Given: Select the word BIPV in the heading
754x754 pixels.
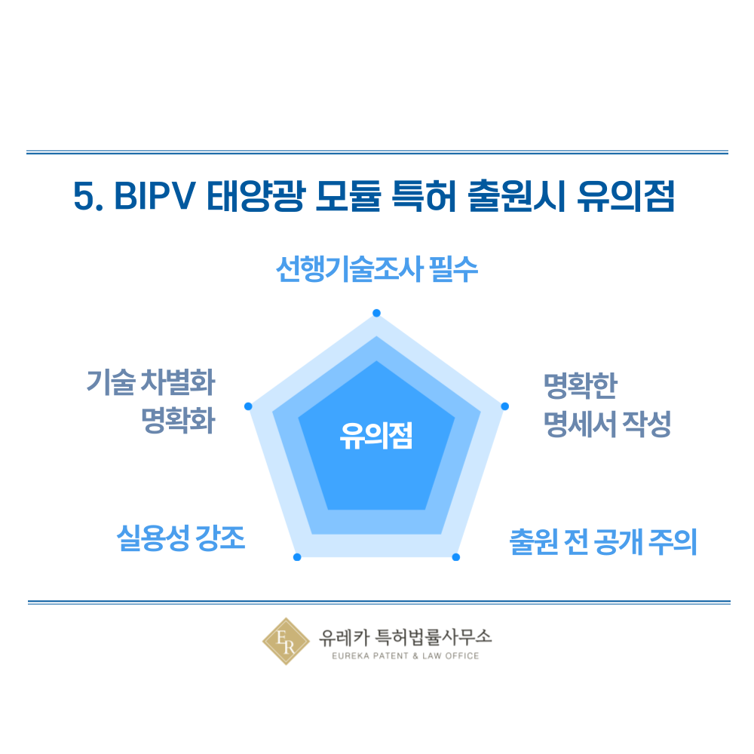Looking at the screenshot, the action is click(155, 196).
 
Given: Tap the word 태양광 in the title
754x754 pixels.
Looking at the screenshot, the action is click(256, 196).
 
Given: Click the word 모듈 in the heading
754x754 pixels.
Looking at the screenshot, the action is click(348, 196).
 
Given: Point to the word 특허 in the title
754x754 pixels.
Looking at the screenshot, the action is click(424, 196).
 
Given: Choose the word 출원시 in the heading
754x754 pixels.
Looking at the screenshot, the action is click(516, 196).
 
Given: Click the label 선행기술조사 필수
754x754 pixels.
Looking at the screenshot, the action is click(376, 269).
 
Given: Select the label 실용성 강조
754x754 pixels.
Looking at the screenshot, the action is click(181, 538).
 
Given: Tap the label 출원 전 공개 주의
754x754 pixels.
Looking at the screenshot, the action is click(603, 542).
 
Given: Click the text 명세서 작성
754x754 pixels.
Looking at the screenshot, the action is click(607, 424).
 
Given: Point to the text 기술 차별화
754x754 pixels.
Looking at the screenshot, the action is click(151, 382).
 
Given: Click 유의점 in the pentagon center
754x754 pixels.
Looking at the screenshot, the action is click(376, 436).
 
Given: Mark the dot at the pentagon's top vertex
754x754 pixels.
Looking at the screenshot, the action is click(376, 313).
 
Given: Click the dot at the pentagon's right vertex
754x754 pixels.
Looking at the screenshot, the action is click(505, 406).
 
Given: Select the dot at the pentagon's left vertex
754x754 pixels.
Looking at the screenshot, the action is click(248, 406).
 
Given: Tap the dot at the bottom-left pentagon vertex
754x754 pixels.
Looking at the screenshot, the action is click(297, 557).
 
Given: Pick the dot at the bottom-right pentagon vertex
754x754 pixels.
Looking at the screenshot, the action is click(456, 557).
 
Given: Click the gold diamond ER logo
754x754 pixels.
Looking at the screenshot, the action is click(286, 642).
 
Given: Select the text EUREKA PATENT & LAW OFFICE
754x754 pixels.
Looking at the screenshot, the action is click(406, 656).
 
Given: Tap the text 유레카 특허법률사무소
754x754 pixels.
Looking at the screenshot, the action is click(406, 636).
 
